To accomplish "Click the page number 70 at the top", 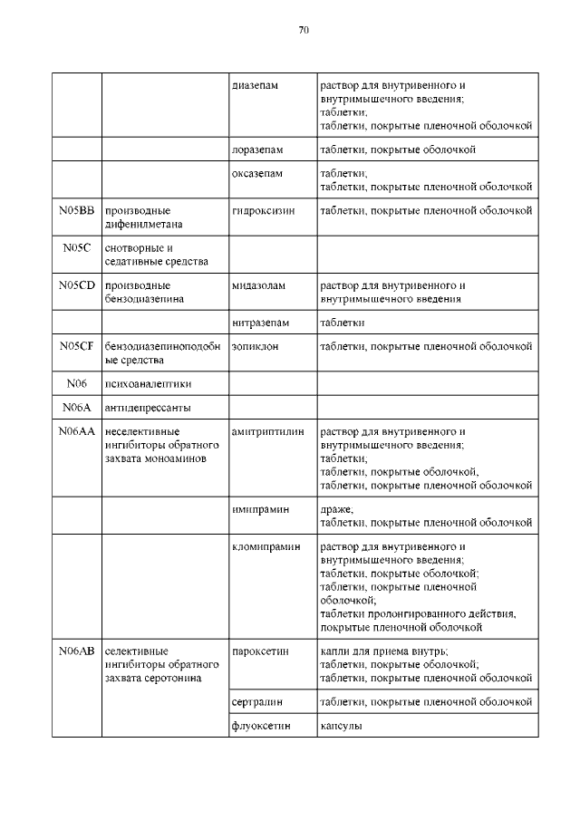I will click(x=304, y=30).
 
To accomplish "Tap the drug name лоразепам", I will click(x=256, y=150).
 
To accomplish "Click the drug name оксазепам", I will click(x=257, y=172).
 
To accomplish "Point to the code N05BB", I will click(x=76, y=211).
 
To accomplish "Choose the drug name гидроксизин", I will click(x=263, y=211).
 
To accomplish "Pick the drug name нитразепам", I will click(x=261, y=322).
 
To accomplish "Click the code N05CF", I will click(x=76, y=345).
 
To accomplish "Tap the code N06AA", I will click(x=76, y=431).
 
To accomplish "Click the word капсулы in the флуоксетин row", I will click(x=340, y=726).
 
